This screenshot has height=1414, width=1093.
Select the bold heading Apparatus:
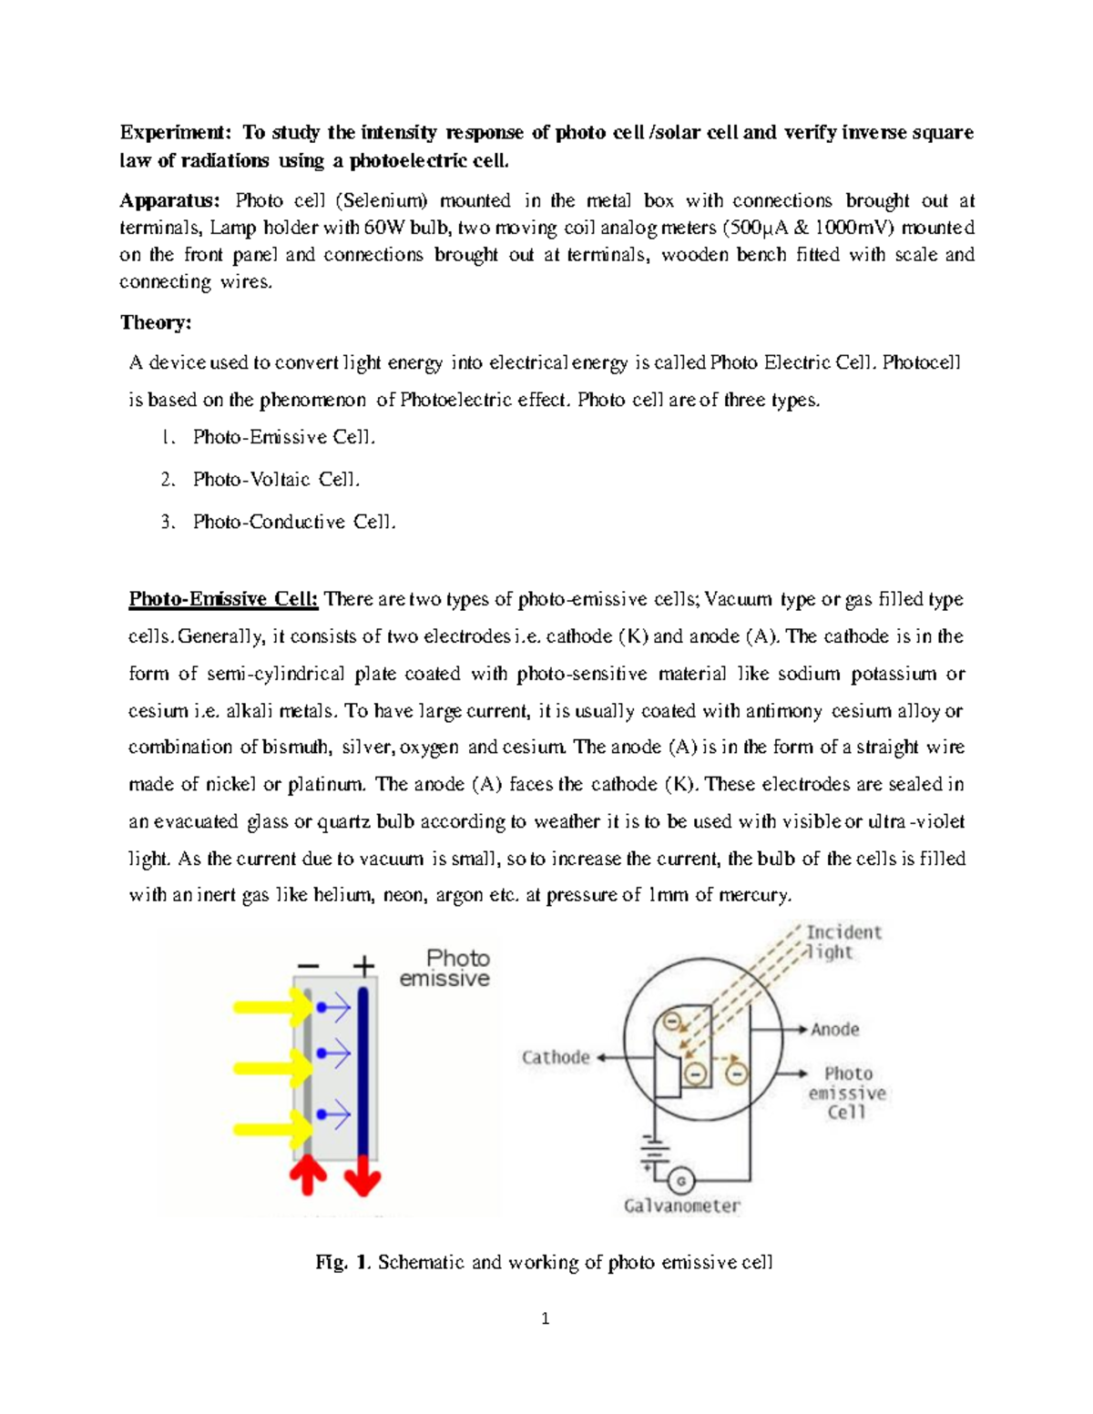[169, 200]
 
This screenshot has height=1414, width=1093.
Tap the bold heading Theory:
[156, 322]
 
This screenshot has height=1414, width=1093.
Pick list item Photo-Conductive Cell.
[294, 522]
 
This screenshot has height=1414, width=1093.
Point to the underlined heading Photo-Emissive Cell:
[223, 599]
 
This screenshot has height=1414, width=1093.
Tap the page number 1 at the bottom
[545, 1318]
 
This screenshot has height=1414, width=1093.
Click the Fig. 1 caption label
[342, 1263]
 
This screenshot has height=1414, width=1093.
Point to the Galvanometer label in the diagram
[682, 1206]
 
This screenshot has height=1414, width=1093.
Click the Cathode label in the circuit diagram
[556, 1057]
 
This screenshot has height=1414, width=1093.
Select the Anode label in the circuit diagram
[835, 1030]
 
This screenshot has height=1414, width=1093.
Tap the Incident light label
[843, 942]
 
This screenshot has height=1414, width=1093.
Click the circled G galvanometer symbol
[680, 1181]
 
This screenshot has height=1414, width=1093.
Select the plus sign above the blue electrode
[363, 966]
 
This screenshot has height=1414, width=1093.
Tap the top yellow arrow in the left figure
[272, 1007]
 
